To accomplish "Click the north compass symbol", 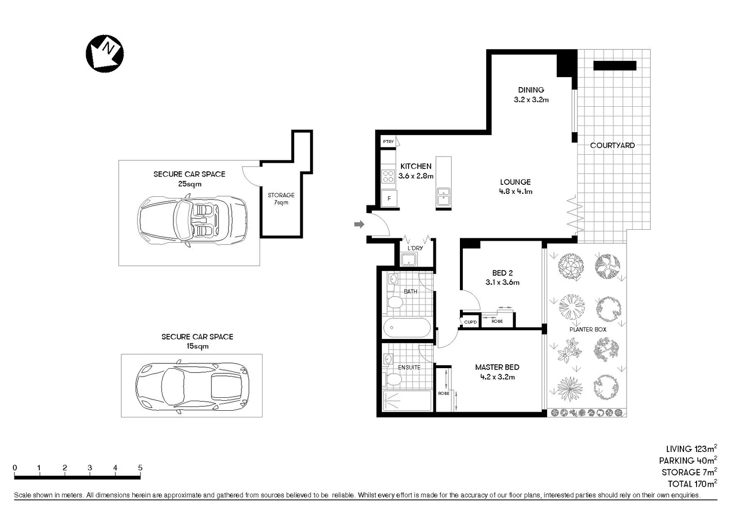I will [104, 53].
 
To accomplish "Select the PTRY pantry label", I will [389, 142].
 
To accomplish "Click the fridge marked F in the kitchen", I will [389, 198].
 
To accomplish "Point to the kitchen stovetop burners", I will [388, 176].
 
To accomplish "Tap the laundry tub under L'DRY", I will [409, 259].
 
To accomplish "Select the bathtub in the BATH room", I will [407, 328].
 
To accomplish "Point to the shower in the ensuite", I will [407, 401].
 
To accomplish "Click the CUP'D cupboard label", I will [470, 322].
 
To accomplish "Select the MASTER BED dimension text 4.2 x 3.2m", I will [497, 377].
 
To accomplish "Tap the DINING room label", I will [531, 90].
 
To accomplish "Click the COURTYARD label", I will [612, 146].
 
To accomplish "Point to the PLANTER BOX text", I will [588, 329].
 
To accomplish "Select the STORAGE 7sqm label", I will [281, 199].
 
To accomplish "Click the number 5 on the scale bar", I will [140, 468].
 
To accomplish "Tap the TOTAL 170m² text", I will [692, 484].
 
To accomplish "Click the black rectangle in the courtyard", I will [615, 66].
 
